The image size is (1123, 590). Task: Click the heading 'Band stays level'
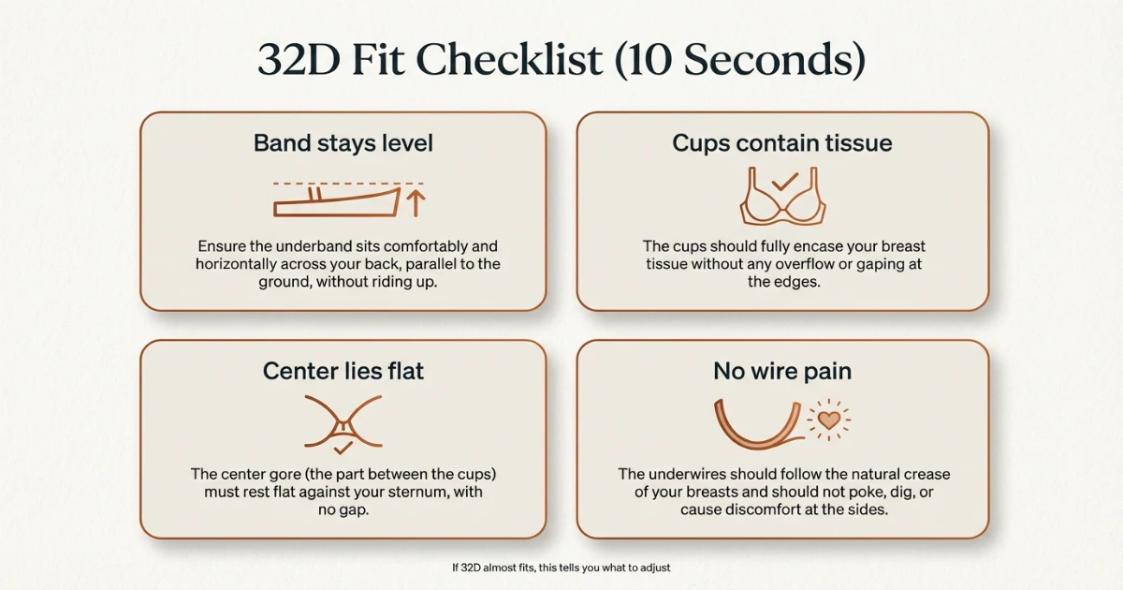[x=343, y=143]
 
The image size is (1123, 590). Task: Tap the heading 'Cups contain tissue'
[x=781, y=143]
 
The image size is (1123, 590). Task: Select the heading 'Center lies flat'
[x=343, y=371]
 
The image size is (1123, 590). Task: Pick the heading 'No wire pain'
[x=781, y=371]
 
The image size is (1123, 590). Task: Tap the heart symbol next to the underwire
[x=828, y=419]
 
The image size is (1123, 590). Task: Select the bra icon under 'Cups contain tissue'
[x=781, y=199]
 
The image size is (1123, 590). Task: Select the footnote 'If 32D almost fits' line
[x=561, y=568]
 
